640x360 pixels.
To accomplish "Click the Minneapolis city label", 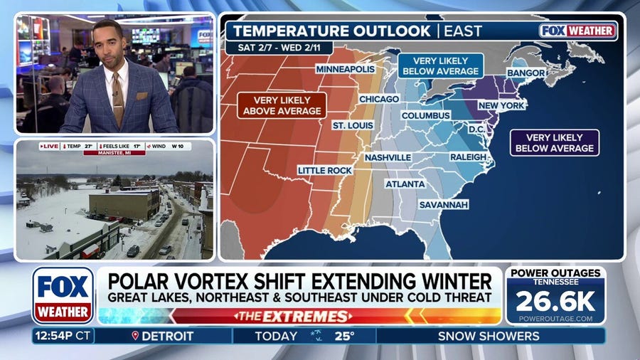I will coord(345,70).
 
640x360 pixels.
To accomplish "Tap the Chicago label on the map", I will coord(379,99).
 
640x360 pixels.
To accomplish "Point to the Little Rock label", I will coord(324,170).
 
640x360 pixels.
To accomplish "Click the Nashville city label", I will coord(388,157).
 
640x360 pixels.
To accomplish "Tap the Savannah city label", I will coord(443,204).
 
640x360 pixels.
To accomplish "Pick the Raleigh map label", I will coord(467,157).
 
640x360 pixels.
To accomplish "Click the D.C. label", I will coord(476,129).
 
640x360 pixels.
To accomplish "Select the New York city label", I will coord(501,105).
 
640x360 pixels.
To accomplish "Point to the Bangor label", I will coord(527,73).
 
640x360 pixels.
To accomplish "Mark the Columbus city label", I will coord(425,115).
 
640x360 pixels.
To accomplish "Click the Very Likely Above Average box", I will coord(282,105).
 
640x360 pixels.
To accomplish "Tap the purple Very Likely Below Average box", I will coord(555,142).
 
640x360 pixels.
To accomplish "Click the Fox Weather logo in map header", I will coord(577,31).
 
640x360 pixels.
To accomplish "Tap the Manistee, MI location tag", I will coord(114,152).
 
